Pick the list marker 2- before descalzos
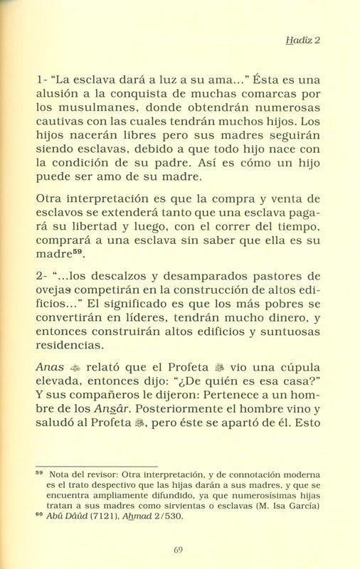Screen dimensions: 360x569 point(42,254)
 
